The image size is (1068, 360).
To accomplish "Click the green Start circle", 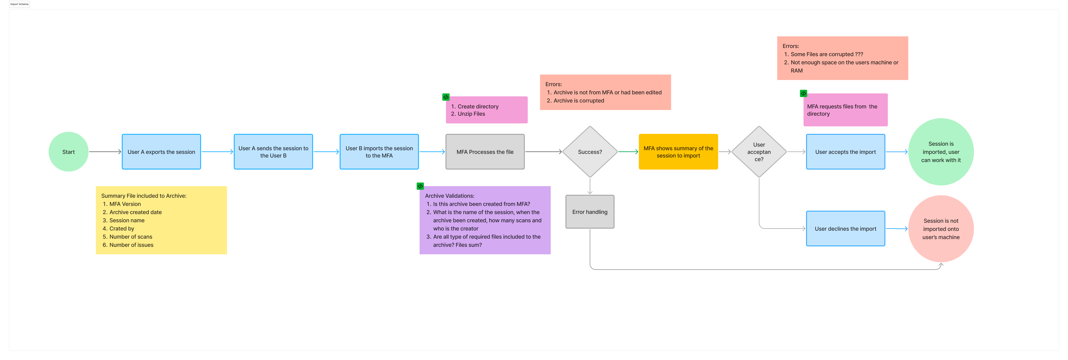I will (x=68, y=152).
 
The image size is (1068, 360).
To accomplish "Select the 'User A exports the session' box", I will (x=161, y=152).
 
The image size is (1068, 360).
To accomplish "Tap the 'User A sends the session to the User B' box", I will (x=273, y=152).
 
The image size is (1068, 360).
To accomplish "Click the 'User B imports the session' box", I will (x=379, y=152).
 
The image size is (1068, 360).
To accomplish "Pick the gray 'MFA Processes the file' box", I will (x=485, y=152).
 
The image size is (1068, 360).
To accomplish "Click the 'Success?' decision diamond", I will (x=590, y=152).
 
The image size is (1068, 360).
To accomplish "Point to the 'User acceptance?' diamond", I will (x=759, y=152).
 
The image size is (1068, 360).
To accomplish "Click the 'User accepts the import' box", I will (x=845, y=152).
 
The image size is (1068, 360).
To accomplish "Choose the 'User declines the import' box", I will (x=845, y=229).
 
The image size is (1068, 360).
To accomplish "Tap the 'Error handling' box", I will (x=590, y=212).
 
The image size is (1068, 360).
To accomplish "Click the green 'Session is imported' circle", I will (x=941, y=152).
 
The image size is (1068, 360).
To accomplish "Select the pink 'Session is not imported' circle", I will (x=941, y=229).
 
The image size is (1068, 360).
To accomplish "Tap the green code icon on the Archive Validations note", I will (x=420, y=186).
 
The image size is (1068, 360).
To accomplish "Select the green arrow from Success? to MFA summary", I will (x=628, y=152).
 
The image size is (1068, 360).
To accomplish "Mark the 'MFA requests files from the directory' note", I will (x=845, y=110).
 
